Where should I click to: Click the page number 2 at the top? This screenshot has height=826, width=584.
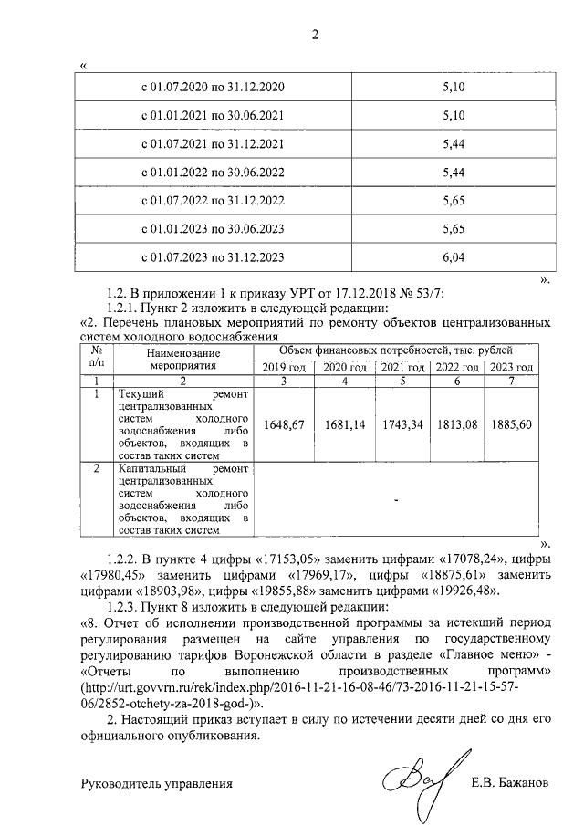[x=316, y=36]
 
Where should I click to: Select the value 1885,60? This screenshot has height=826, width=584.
[x=511, y=424]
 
